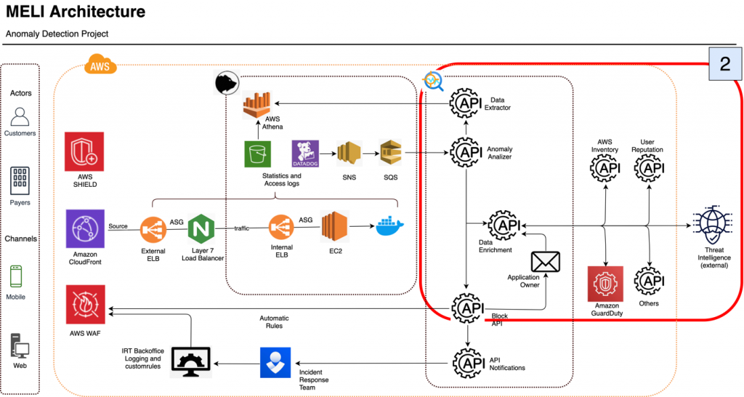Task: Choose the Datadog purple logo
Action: [305, 154]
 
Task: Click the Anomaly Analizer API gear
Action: [466, 152]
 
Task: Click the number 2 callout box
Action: [724, 63]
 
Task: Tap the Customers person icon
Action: [20, 116]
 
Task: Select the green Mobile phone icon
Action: [17, 277]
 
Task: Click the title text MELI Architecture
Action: [76, 12]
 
